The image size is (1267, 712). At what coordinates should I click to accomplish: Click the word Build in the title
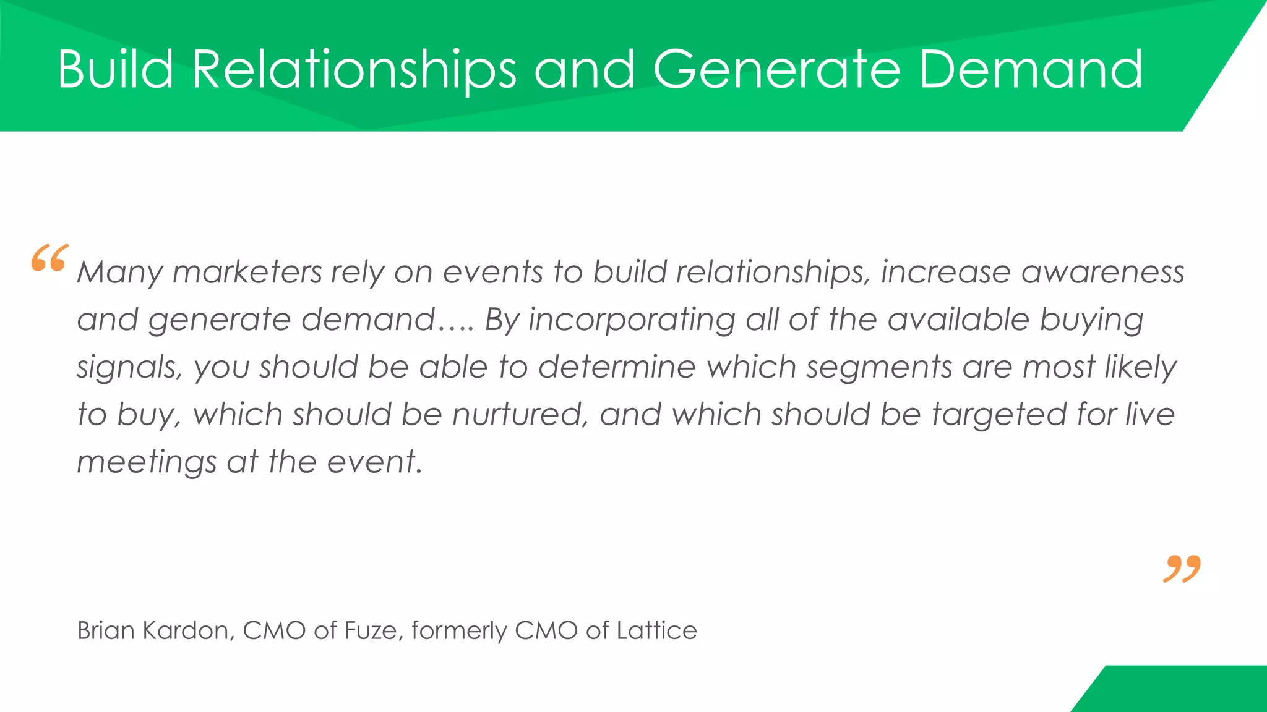pyautogui.click(x=116, y=69)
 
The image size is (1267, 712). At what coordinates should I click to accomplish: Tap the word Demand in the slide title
pyautogui.click(x=1031, y=69)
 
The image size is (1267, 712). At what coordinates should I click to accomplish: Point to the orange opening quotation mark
pyautogui.click(x=49, y=258)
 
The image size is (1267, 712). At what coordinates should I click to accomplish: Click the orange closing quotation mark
pyautogui.click(x=1182, y=569)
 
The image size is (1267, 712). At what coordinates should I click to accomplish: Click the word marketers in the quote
pyautogui.click(x=247, y=273)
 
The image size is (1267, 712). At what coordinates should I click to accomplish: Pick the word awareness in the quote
pyautogui.click(x=1102, y=273)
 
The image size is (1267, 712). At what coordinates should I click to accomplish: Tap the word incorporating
pyautogui.click(x=632, y=320)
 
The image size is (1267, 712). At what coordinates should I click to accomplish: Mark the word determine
pyautogui.click(x=617, y=367)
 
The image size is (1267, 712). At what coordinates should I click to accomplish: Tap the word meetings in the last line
pyautogui.click(x=147, y=462)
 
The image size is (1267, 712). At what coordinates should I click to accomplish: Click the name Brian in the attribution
pyautogui.click(x=106, y=630)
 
